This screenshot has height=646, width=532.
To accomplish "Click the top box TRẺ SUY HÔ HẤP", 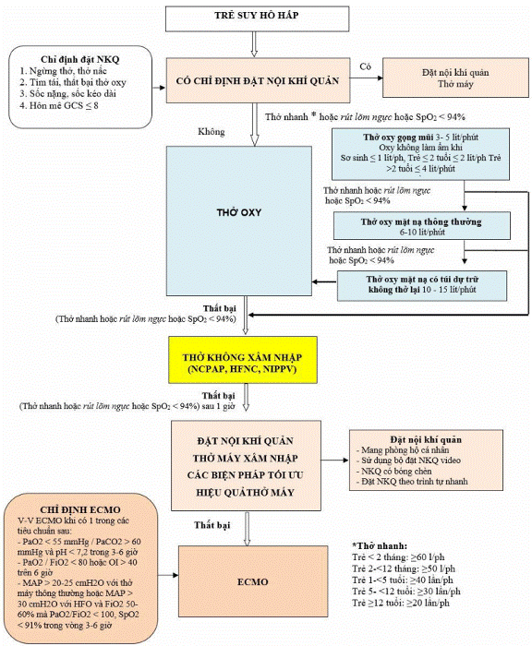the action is pos(257,18).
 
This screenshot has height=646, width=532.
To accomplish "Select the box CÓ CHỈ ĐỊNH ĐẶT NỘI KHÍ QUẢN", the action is pos(259,80).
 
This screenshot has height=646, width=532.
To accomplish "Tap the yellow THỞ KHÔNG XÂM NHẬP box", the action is pos(243,360).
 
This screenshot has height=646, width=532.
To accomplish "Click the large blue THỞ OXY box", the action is pos(239,221).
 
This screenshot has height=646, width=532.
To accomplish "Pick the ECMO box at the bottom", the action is pos(253,580).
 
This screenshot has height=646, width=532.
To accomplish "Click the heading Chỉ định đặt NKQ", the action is pos(80,60).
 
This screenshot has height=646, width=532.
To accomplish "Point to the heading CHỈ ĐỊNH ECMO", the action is pos(80,509).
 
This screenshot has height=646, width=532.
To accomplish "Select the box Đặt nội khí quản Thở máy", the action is pos(455,78).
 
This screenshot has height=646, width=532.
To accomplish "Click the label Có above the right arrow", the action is pos(365,66).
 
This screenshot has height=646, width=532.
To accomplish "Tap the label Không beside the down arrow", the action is pos(212,132).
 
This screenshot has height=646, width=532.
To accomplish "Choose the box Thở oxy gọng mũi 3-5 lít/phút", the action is pos(420,154).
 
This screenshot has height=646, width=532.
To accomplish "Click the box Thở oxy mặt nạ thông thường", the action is pos(422,226).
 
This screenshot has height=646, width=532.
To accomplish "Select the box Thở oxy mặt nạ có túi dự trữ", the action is pos(422,285).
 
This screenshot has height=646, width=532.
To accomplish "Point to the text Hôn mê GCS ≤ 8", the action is pos(59,105).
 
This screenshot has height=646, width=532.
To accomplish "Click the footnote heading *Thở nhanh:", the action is pos(380,546).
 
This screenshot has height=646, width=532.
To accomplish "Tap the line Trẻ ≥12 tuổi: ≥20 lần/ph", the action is pos(401,603).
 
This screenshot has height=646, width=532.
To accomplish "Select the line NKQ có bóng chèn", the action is pos(393,471).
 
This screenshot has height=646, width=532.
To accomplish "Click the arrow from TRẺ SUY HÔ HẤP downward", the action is pos(254,44).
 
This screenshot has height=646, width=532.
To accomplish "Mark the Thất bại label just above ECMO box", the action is pos(212,525).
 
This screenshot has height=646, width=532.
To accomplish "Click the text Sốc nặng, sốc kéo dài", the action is pos(68,94).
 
